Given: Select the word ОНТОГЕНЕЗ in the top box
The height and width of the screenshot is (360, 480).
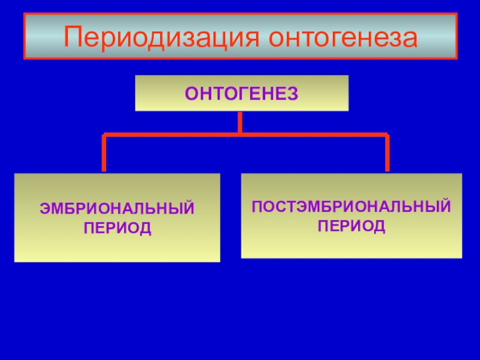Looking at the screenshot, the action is point(241,94).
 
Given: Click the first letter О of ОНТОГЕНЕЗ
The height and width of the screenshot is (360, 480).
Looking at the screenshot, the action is point(190,94).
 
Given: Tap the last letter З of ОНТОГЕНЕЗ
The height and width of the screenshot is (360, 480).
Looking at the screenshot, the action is point(293,94).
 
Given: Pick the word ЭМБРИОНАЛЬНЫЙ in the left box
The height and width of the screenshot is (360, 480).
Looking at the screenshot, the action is point(117,210).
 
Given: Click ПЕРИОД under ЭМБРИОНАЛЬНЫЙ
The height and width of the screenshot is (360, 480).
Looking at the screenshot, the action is point(117,229).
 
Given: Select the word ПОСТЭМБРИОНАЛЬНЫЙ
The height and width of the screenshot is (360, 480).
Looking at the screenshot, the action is point(352,208).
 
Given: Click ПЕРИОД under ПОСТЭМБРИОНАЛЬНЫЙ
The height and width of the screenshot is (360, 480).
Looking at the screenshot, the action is point(352,226).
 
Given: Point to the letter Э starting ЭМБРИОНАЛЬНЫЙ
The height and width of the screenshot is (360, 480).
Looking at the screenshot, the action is point(44,210).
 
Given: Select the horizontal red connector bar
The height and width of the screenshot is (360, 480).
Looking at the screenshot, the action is point(180,135).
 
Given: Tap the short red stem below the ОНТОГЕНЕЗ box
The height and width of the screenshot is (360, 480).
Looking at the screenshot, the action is point(240,122).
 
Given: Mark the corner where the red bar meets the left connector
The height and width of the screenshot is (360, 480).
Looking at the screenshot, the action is point(104,136).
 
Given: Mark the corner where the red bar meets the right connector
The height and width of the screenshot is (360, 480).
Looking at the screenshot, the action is point(387,136).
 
